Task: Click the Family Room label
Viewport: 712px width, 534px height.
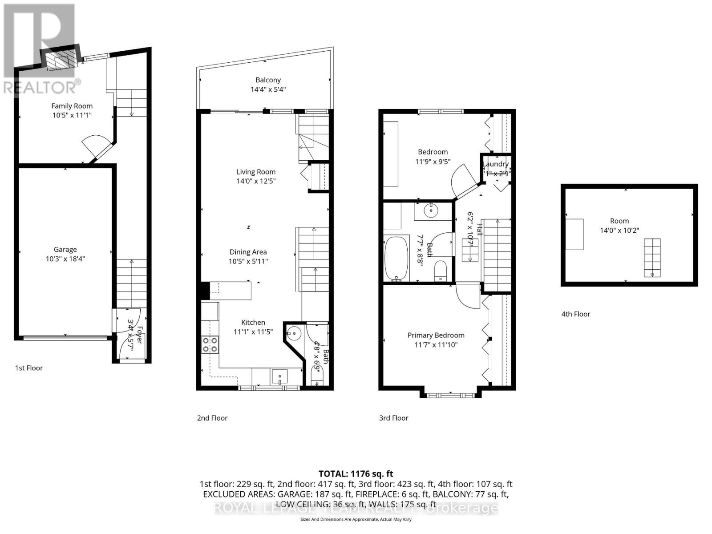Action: click(x=72, y=106)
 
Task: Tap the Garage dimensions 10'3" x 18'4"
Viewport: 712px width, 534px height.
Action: click(x=65, y=259)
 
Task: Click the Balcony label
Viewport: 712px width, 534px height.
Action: click(x=268, y=80)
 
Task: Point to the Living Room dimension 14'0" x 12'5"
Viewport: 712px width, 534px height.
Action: click(x=256, y=181)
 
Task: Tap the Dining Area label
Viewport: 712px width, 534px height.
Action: click(x=248, y=252)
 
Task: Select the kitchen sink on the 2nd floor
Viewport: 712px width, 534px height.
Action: click(x=279, y=376)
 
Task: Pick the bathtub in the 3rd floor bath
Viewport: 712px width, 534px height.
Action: click(x=396, y=259)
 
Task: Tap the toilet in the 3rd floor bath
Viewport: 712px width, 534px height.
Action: click(x=440, y=271)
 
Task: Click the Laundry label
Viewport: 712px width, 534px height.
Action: click(x=496, y=164)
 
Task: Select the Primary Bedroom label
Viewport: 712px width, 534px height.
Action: click(x=436, y=335)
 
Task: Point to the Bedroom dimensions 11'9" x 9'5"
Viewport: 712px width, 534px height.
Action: click(x=433, y=162)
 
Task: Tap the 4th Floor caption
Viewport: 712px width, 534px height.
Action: click(x=575, y=314)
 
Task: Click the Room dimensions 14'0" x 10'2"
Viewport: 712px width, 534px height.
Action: click(x=619, y=231)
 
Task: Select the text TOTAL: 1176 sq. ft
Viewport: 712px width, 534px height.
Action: click(x=356, y=474)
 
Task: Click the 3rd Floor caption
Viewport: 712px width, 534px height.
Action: click(x=393, y=418)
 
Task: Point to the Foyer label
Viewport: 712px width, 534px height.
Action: click(x=139, y=335)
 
